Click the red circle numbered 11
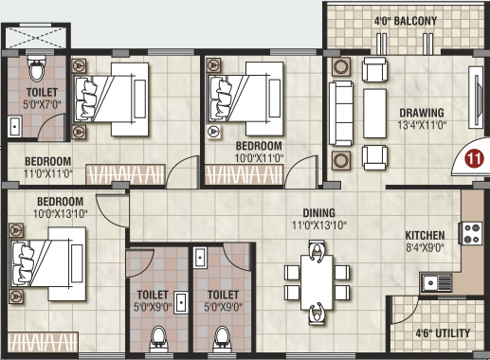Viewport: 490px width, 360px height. coord(472,159)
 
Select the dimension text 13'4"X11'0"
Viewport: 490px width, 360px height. coord(421,123)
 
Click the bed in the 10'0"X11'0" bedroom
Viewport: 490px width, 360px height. coord(245,95)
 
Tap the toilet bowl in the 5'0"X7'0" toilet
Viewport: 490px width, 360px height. coord(36,70)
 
